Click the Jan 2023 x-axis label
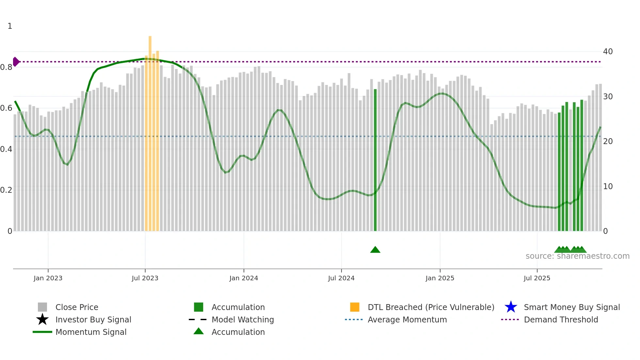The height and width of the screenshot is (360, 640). (48, 278)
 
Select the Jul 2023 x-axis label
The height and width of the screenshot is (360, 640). (145, 278)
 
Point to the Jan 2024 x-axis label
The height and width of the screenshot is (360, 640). (244, 278)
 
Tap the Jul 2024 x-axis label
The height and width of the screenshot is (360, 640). (341, 278)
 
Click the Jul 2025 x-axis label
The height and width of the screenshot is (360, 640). (537, 278)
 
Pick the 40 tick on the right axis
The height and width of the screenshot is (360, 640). (608, 52)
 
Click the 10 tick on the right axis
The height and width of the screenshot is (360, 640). (608, 187)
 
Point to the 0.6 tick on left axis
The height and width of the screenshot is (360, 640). (6, 108)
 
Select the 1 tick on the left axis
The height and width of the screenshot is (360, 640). (10, 26)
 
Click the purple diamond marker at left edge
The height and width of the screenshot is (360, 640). (16, 62)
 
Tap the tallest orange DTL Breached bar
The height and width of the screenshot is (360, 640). (150, 131)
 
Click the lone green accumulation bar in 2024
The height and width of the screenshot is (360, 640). (375, 160)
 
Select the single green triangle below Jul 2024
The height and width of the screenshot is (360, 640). (375, 250)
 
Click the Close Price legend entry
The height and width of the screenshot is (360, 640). (77, 307)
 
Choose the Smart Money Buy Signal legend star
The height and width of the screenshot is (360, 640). (511, 307)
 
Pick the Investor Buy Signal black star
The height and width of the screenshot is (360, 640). (42, 319)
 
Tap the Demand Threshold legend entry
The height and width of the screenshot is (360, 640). (561, 319)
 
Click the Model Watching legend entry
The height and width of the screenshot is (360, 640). (243, 319)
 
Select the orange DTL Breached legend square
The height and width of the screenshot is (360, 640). (355, 307)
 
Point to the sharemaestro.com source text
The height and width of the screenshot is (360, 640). (577, 256)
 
